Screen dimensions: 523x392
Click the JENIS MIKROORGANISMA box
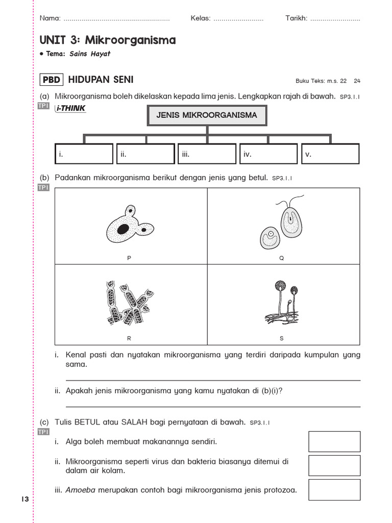pyautogui.click(x=207, y=115)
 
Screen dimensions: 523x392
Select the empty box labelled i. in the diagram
pyautogui.click(x=84, y=154)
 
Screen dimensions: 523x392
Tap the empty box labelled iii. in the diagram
pyautogui.click(x=207, y=154)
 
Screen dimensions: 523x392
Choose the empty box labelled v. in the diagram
pyautogui.click(x=330, y=154)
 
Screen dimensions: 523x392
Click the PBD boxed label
pyautogui.click(x=52, y=80)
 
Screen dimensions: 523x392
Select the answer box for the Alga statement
pyautogui.click(x=334, y=441)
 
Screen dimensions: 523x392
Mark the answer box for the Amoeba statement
pyautogui.click(x=334, y=490)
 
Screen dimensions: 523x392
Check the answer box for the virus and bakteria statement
pyautogui.click(x=334, y=465)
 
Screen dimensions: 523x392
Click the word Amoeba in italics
pyautogui.click(x=80, y=490)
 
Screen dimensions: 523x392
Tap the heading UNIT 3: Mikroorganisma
pyautogui.click(x=107, y=40)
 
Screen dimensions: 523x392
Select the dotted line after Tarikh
pyautogui.click(x=335, y=19)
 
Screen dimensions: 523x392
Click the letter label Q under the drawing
pyautogui.click(x=281, y=258)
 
